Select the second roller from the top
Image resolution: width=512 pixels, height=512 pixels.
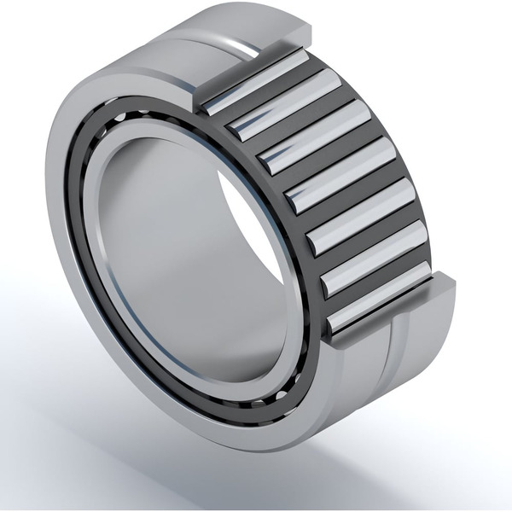click(284, 103)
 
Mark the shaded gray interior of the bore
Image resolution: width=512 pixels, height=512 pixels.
click(171, 256)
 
